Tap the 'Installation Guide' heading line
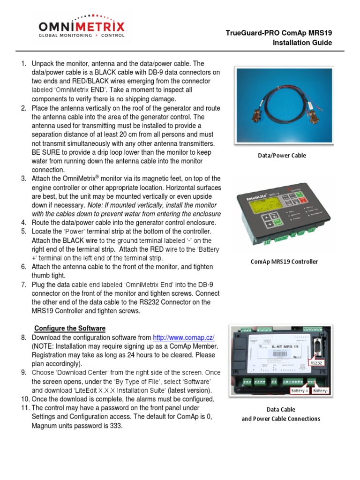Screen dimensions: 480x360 click(302, 43)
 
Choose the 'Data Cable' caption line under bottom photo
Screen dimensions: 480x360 click(281, 410)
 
